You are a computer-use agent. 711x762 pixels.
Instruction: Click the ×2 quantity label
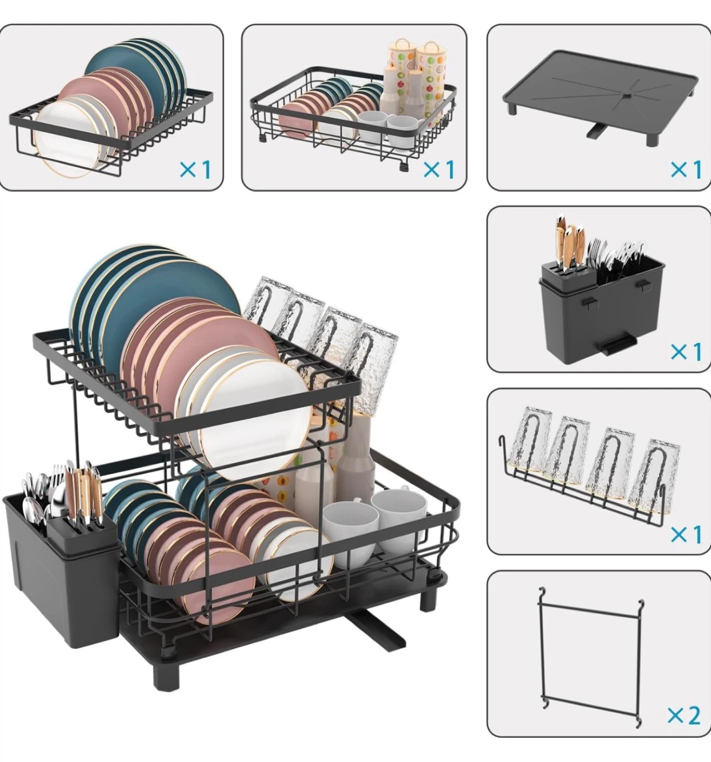(683, 714)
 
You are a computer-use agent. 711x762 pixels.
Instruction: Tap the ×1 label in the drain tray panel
(686, 169)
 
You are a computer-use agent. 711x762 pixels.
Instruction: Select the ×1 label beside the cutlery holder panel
(686, 351)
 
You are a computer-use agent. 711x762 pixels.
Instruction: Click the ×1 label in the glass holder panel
(686, 534)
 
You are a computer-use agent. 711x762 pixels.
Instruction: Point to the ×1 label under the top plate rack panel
(195, 169)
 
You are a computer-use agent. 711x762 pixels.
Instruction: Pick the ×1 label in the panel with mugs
(439, 169)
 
